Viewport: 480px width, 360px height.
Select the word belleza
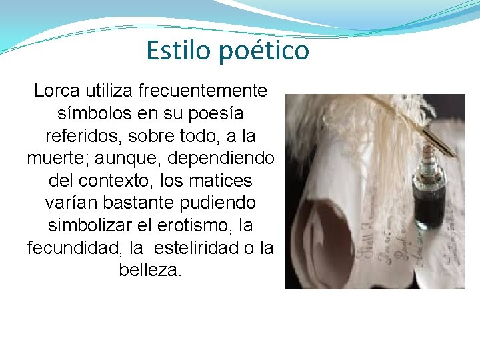tap(150, 271)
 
